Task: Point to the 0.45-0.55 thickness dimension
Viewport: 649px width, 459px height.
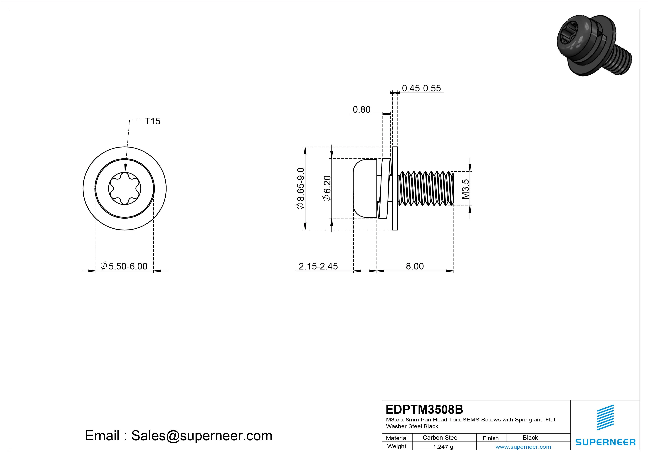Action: (x=421, y=88)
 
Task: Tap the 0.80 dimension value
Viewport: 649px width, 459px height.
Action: (x=362, y=109)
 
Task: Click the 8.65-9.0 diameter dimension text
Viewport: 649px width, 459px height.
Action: (x=300, y=188)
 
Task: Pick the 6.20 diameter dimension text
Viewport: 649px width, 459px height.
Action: (x=327, y=188)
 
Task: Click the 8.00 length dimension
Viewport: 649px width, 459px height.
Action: (x=415, y=266)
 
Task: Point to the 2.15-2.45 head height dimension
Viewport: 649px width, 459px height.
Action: (x=318, y=266)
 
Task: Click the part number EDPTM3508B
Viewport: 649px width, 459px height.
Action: (x=424, y=409)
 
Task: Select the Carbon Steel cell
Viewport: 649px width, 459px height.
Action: (x=440, y=438)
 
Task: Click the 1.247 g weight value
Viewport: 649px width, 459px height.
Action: (x=443, y=447)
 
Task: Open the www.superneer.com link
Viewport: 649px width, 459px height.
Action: (x=523, y=447)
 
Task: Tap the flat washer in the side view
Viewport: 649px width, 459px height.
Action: (x=395, y=188)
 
